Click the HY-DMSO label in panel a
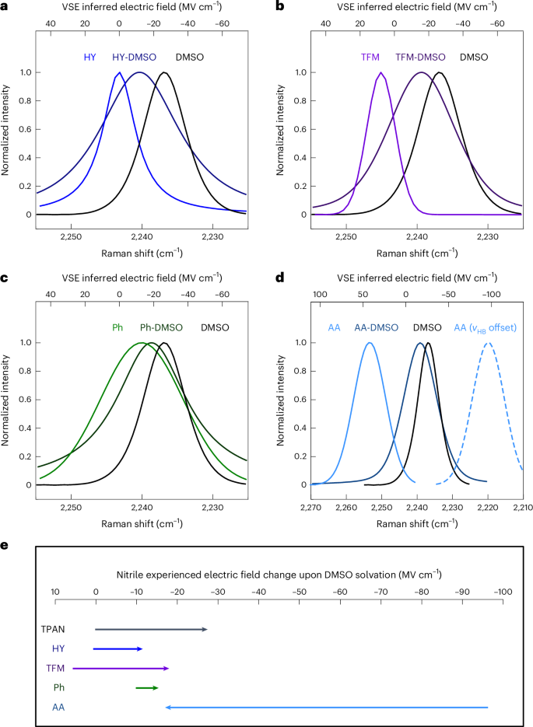[133, 57]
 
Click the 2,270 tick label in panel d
[311, 507]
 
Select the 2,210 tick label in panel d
[522, 507]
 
